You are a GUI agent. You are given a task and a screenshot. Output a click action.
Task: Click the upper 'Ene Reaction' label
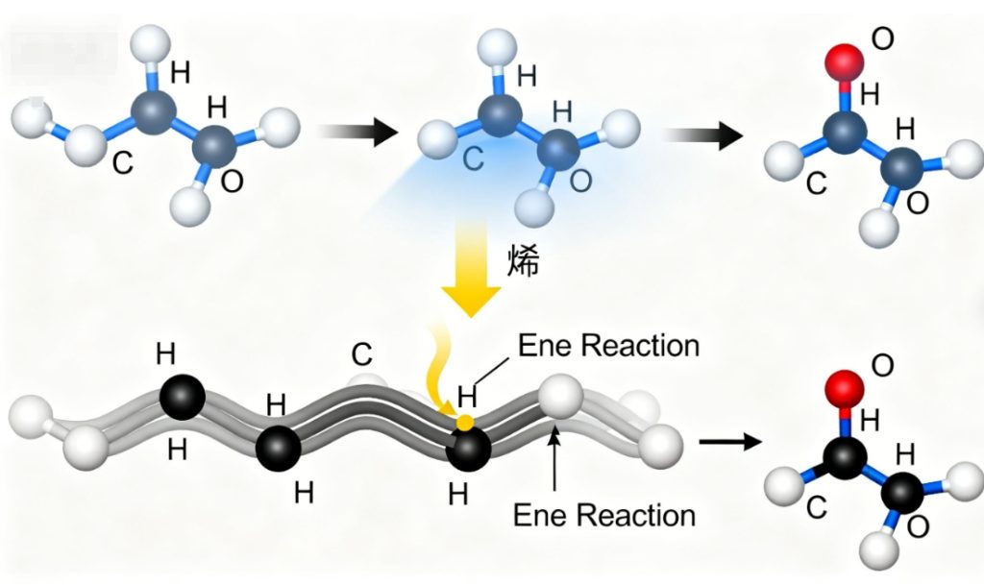click(608, 345)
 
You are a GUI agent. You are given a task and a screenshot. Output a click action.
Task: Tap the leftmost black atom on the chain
click(182, 397)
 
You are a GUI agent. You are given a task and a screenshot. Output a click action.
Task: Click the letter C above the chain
click(361, 355)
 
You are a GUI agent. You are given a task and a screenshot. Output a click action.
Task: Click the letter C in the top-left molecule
click(122, 162)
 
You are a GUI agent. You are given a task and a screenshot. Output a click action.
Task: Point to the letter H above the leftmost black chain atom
click(166, 355)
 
